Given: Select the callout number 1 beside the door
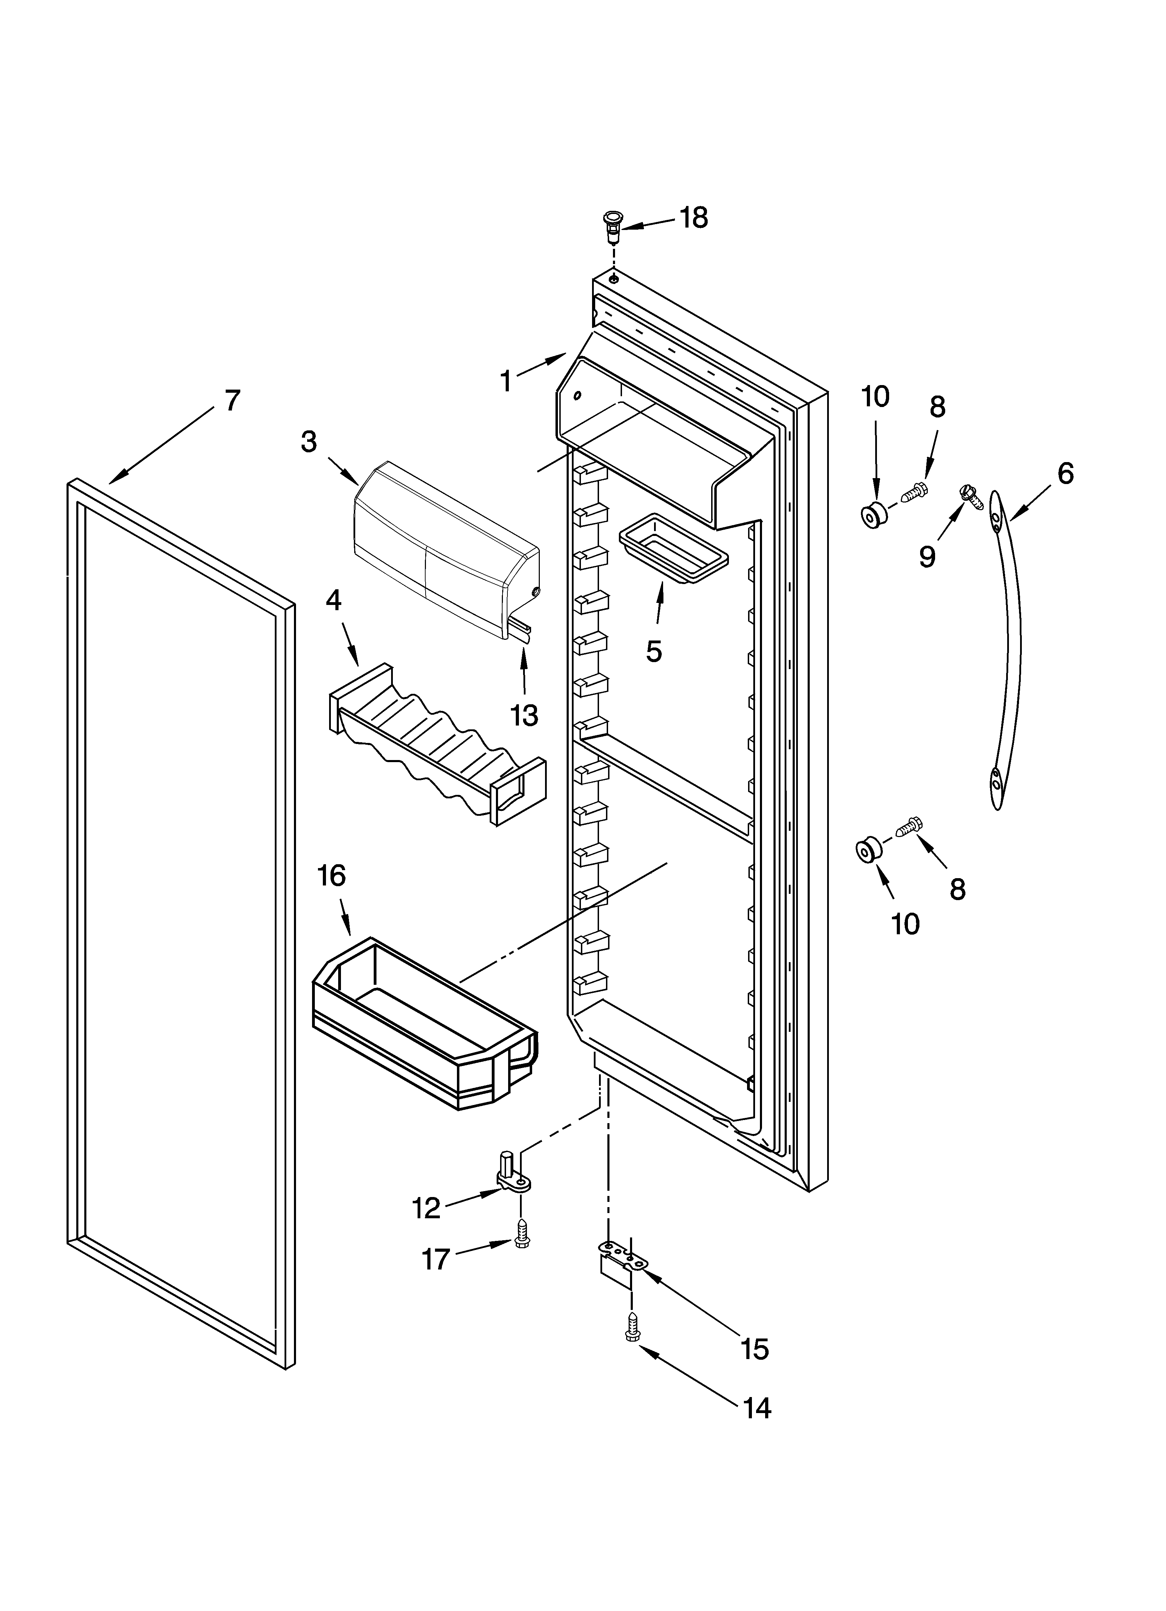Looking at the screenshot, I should [506, 382].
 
